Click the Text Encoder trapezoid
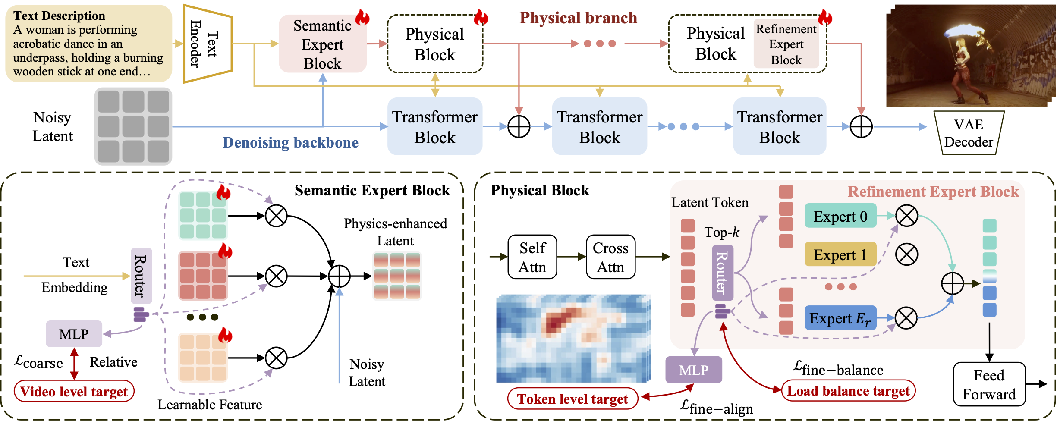coord(207,44)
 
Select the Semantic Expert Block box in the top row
coord(322,44)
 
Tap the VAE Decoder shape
coord(969,133)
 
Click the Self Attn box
coord(532,257)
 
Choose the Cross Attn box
coord(610,257)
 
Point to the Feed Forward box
coord(989,384)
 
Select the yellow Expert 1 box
coord(840,254)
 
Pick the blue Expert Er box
coord(840,318)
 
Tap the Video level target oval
coord(74,391)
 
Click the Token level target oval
coord(573,399)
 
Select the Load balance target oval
coord(848,391)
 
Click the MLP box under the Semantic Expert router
coord(74,334)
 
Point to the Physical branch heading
coord(578,18)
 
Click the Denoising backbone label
coord(290,142)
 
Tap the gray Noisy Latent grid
coord(133,126)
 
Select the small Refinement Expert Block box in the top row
coord(786,44)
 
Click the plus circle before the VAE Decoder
coord(861,127)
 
